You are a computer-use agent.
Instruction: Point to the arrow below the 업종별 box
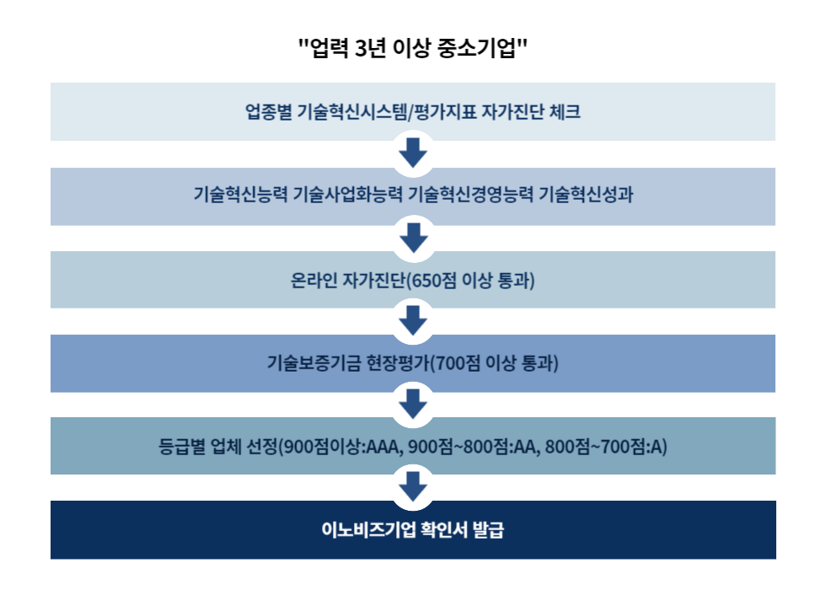[x=413, y=154]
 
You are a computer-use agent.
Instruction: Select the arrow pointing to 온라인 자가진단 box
[x=413, y=238]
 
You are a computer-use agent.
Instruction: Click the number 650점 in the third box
[x=437, y=279]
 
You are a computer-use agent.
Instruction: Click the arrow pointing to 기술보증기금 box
[x=413, y=320]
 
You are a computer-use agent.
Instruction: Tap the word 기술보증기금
[x=314, y=363]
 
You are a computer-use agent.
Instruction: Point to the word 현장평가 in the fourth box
[x=400, y=363]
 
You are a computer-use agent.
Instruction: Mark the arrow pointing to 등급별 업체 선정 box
[x=413, y=404]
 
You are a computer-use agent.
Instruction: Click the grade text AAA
[x=385, y=447]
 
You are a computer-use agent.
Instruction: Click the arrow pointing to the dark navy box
[x=413, y=486]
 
